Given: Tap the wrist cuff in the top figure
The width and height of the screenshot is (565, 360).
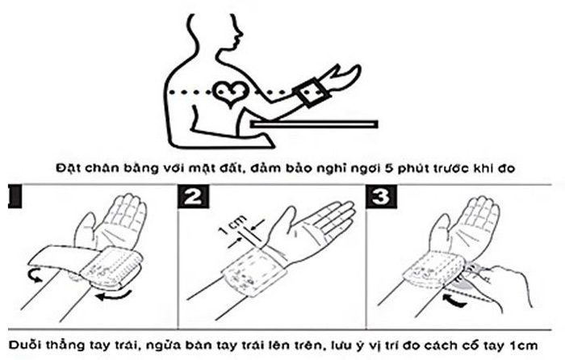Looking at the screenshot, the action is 312,92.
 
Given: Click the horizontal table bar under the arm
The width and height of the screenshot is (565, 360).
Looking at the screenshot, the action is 314,124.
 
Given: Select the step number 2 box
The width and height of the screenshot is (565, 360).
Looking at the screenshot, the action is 193,197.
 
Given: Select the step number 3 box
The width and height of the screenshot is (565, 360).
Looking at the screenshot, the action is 382,197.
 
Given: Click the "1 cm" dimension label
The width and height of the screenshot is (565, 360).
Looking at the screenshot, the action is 232,224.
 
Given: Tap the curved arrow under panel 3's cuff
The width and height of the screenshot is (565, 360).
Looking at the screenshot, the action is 454,301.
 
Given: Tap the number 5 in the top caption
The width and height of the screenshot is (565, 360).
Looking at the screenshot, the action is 389,168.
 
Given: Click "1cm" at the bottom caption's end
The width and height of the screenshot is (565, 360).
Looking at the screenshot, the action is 524,345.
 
